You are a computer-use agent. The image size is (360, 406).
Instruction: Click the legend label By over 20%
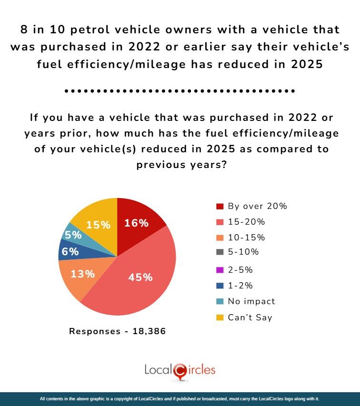(257, 206)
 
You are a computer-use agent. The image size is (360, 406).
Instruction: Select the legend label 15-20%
(246, 222)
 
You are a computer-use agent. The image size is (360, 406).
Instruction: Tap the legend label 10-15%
(246, 238)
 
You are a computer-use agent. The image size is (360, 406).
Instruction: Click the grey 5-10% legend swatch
(220, 252)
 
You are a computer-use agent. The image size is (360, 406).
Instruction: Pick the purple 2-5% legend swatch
(220, 270)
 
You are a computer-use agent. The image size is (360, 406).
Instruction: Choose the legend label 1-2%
(240, 286)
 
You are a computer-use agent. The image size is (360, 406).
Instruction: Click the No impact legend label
(251, 301)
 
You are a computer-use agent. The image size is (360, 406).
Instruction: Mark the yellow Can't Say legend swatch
(220, 317)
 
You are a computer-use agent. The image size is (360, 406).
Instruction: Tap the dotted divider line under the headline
(180, 90)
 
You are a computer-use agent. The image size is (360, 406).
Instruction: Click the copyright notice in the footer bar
(180, 398)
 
